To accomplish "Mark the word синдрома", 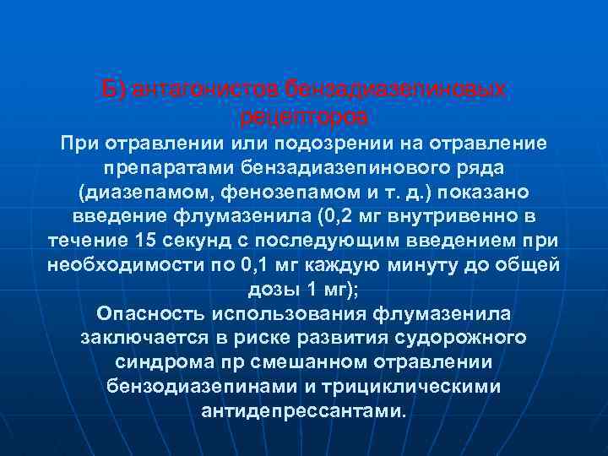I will pos(157,362).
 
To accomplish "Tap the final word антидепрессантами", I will pos(304,411).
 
